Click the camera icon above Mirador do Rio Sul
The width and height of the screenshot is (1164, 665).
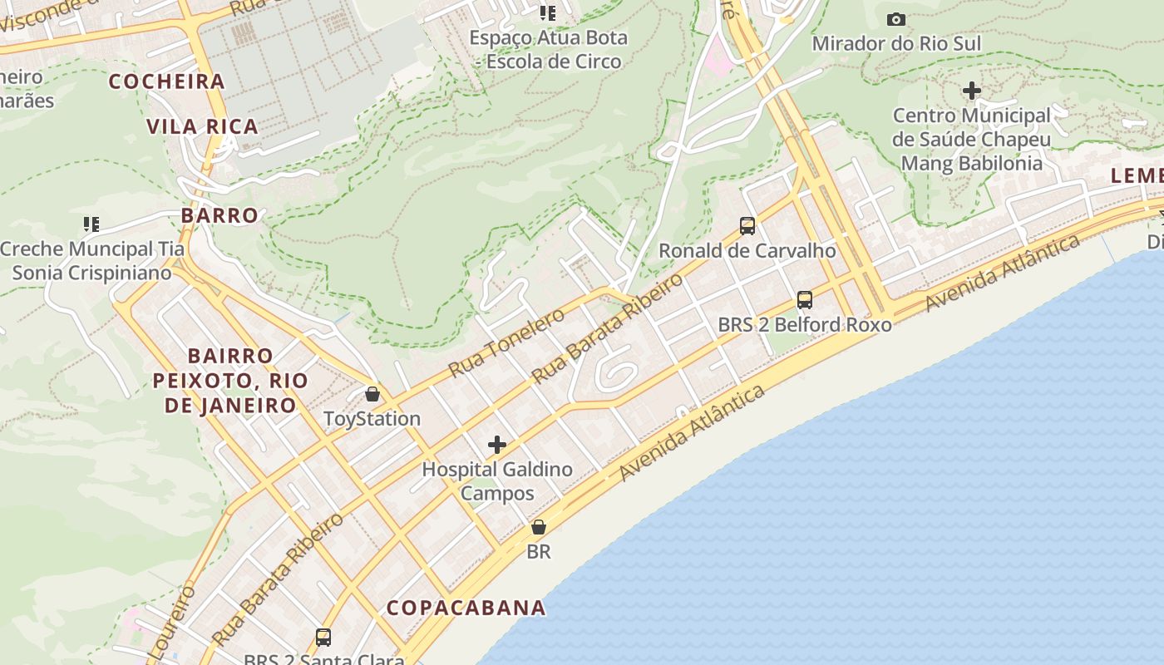coord(896,19)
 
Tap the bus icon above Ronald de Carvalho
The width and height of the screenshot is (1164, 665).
coord(747,225)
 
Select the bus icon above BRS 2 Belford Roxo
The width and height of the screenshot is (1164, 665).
coord(804,299)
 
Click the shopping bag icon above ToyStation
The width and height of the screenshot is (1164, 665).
coord(372,394)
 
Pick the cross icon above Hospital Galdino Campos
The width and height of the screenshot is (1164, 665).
coord(497,445)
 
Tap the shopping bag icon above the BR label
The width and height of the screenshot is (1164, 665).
coord(539,527)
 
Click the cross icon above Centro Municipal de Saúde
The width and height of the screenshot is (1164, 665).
coord(972,91)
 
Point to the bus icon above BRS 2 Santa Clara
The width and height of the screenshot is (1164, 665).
coord(323,638)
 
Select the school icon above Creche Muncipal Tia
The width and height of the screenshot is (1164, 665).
coord(91,224)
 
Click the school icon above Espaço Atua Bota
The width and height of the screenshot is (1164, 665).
coord(547,12)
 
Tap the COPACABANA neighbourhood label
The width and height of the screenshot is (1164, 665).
coord(466,608)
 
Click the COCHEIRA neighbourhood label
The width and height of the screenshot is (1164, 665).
coord(167,81)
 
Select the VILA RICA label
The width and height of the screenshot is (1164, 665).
coord(202,127)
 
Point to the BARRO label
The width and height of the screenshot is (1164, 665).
coord(219,215)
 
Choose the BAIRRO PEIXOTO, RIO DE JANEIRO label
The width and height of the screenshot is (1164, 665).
coord(230,381)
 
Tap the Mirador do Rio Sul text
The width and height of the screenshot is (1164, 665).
coord(896,43)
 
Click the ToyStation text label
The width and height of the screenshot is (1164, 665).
coord(372,418)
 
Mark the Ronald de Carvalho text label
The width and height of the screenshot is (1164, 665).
coord(747,250)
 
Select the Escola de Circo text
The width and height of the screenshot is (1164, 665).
coord(553,62)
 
